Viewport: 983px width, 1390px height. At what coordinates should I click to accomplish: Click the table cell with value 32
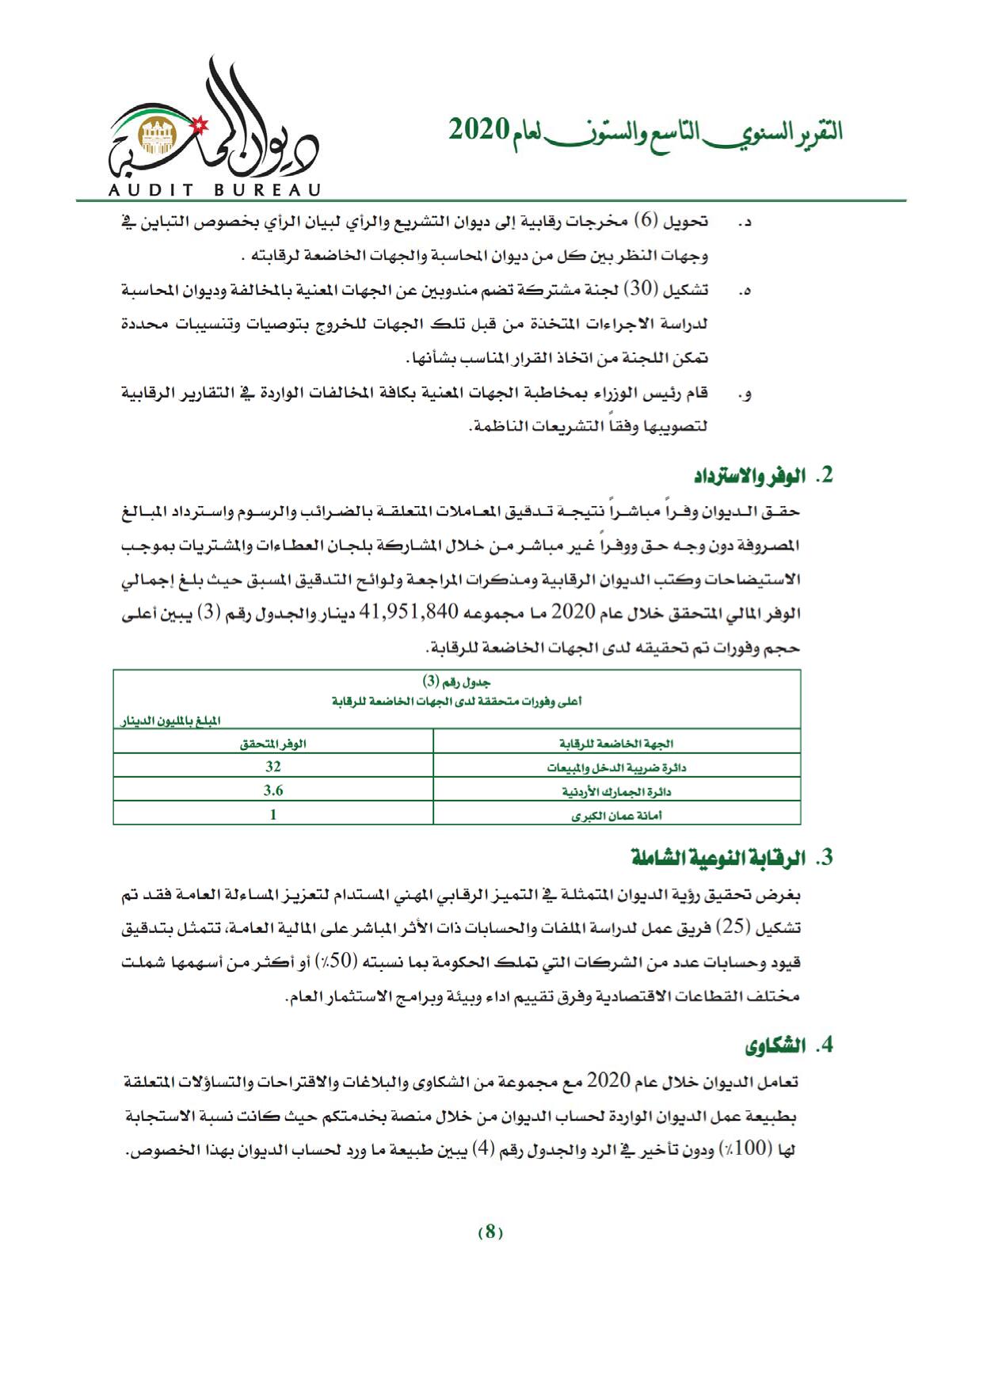pos(273,767)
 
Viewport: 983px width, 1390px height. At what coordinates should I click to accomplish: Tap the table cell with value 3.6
pos(273,790)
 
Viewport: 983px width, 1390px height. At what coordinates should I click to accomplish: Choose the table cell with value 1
pos(273,813)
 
